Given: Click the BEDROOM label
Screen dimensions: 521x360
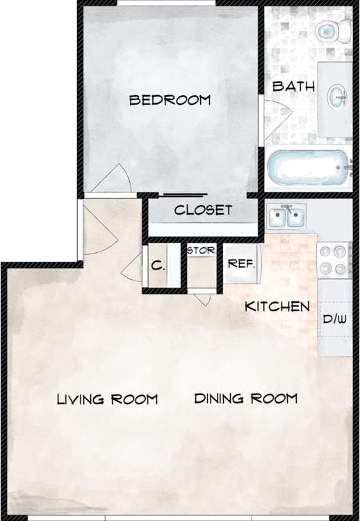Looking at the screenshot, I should click(x=170, y=101).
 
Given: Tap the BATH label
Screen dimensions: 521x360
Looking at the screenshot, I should click(x=293, y=87).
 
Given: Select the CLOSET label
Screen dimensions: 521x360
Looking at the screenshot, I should click(x=203, y=210).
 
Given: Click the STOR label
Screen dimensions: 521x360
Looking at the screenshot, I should click(x=201, y=250).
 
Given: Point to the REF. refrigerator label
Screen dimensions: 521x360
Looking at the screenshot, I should click(x=241, y=265).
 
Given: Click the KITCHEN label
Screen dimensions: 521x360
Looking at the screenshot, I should click(x=277, y=306).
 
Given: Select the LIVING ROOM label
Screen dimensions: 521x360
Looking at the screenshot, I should click(x=107, y=399).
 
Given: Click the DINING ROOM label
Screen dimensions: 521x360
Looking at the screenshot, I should click(x=245, y=399).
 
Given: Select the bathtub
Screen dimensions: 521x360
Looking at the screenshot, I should click(x=309, y=168).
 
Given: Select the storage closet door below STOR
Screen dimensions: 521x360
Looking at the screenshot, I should click(x=202, y=299).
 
